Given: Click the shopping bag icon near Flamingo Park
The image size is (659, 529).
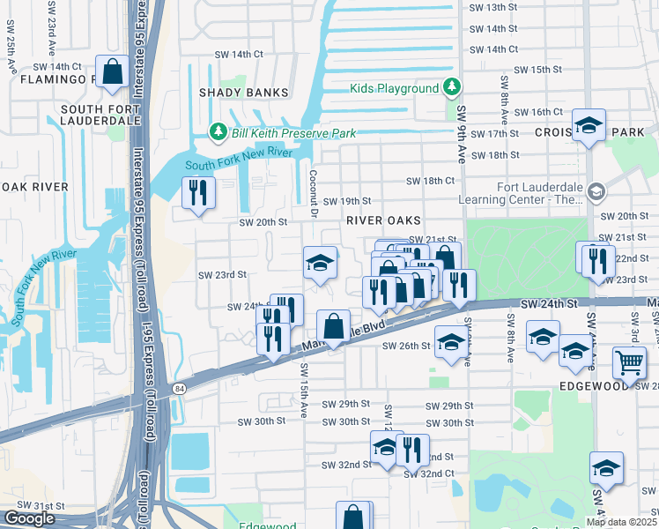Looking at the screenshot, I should (x=113, y=73).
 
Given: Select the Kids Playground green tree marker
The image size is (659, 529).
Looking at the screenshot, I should (x=452, y=87).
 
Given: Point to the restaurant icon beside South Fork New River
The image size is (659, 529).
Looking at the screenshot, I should (x=198, y=193).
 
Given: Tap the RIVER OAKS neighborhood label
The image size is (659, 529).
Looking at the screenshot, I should (x=383, y=220).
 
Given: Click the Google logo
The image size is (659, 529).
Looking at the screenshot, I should (x=29, y=518).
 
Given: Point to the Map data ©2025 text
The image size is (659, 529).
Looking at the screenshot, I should (x=622, y=522).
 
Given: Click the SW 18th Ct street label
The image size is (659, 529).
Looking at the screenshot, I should (x=430, y=181).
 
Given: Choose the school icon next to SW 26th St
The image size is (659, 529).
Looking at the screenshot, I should (x=450, y=345).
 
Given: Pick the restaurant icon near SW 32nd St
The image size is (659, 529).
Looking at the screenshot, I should (x=412, y=450).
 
